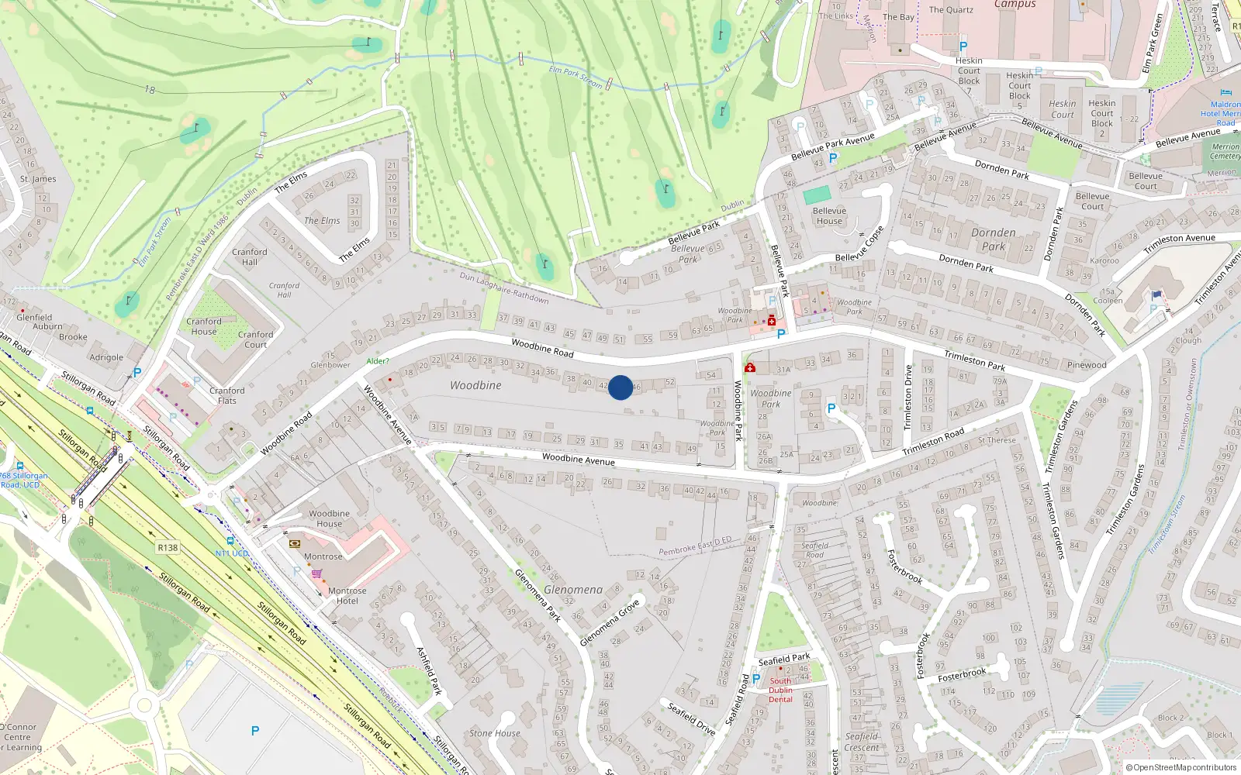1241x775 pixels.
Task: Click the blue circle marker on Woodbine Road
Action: pos(620,387)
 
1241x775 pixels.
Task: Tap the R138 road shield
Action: pos(168,547)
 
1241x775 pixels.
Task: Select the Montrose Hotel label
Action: pos(347,596)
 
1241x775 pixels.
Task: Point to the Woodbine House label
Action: pos(329,518)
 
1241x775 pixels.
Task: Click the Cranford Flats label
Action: pos(226,395)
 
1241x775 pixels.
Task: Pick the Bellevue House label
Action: pos(829,215)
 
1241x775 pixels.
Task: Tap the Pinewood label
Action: pos(1086,365)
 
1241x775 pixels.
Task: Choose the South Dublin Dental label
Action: pos(780,690)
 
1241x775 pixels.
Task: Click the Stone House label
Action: pos(494,733)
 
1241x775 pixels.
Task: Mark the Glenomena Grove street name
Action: pos(610,622)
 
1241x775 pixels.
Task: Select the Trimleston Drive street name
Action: pos(908,398)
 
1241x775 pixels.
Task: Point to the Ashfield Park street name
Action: pos(429,670)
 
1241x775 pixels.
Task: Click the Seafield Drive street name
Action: pos(691,718)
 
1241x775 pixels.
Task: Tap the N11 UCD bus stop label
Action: pos(232,553)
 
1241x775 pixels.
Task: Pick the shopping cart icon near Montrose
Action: pos(316,574)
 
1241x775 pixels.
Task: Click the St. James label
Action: pos(38,179)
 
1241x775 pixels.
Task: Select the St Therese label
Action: pos(997,440)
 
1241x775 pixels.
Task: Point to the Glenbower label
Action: pos(330,365)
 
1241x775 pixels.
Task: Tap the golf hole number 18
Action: pos(150,90)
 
